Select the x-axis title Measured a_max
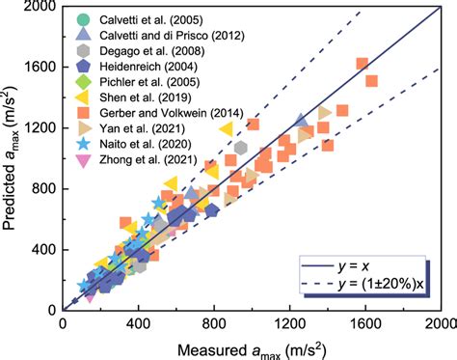click(x=251, y=346)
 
